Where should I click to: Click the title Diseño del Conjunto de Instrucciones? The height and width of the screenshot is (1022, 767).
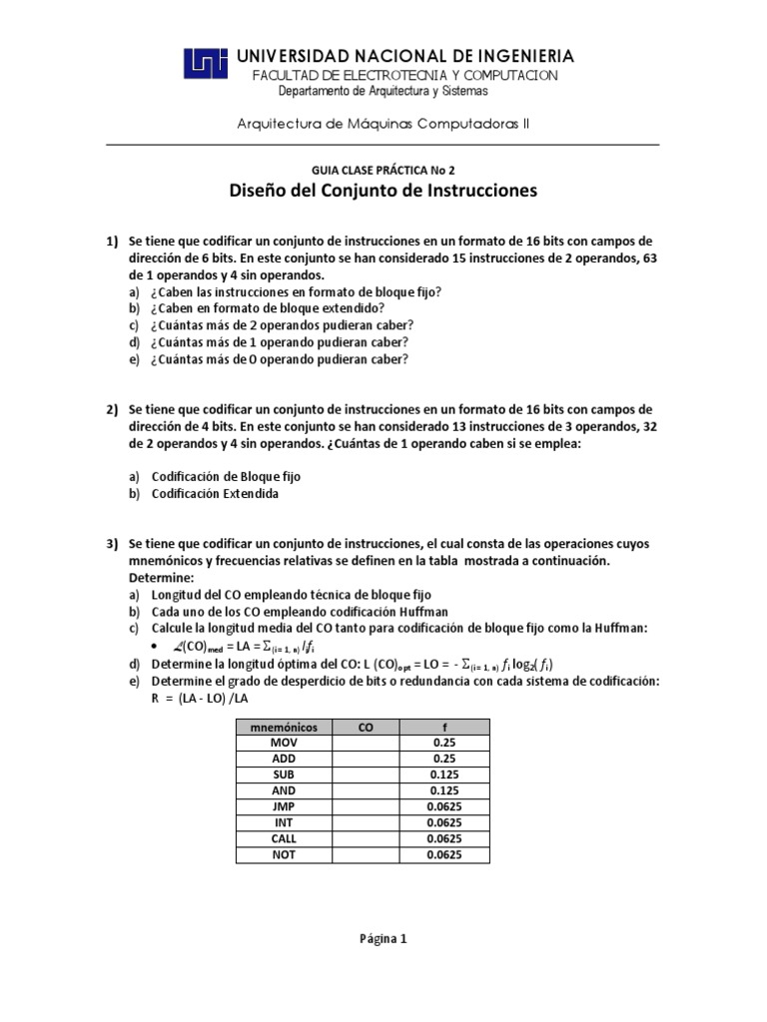coord(383,191)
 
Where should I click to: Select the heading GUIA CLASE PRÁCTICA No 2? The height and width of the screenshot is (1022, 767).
coord(383,170)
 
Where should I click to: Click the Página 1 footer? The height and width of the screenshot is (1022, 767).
coord(383,938)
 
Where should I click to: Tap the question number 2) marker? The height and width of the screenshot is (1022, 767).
coord(113,409)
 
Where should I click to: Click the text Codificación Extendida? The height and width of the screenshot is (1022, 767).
coord(215,493)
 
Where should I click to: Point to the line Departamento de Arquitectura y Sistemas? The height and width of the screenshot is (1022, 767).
coord(383,91)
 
